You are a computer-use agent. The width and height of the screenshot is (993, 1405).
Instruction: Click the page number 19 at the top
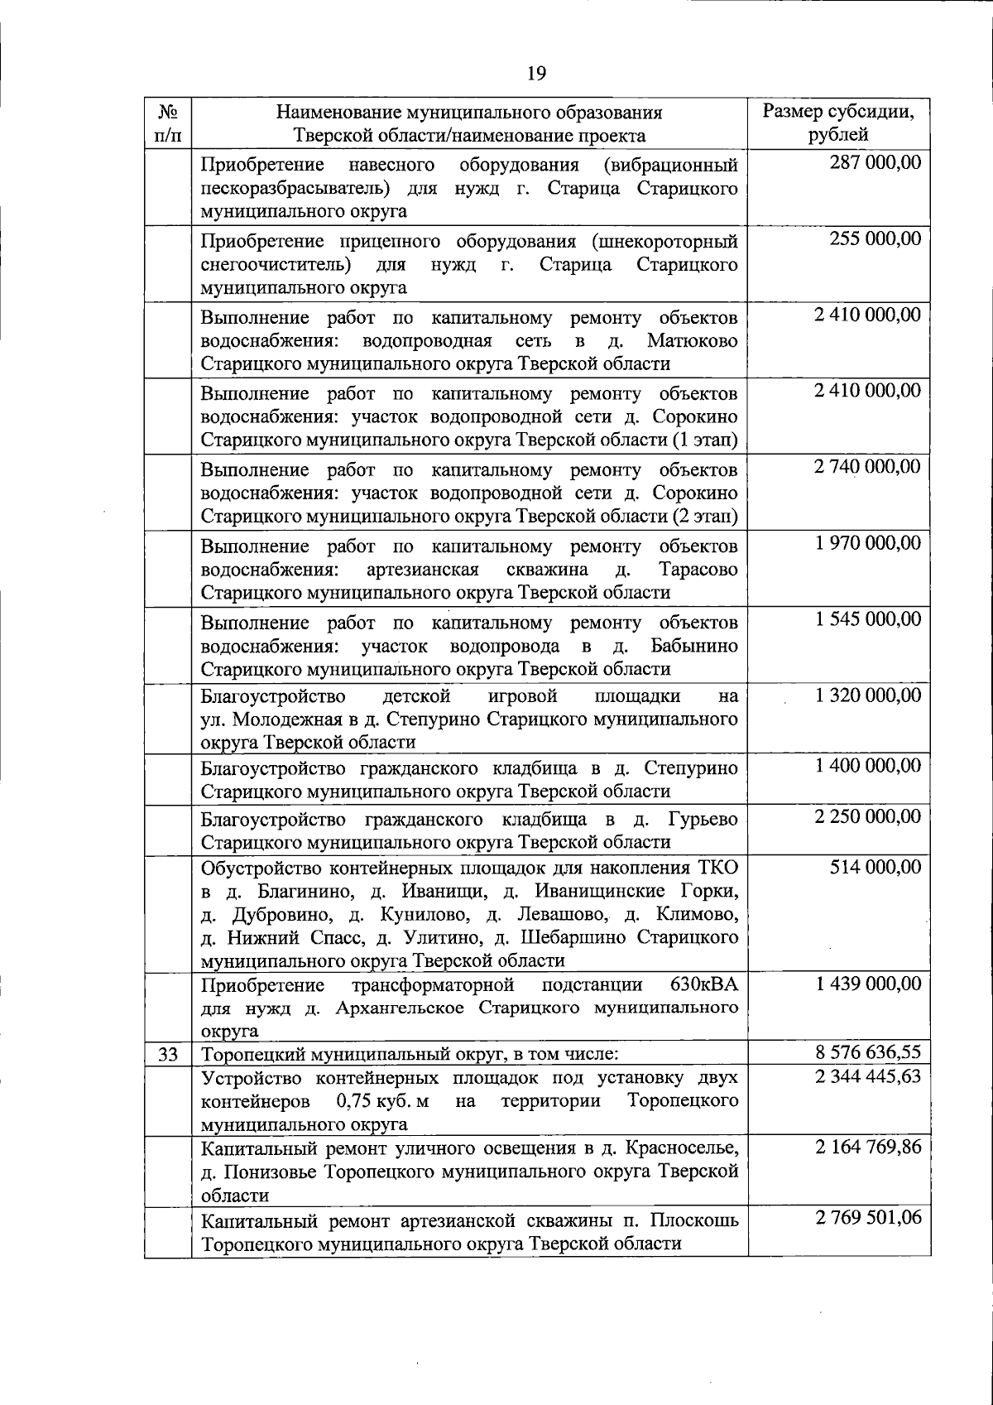point(536,74)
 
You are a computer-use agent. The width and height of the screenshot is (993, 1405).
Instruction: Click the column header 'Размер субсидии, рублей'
point(838,123)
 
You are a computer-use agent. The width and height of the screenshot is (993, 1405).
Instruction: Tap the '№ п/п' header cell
point(168,123)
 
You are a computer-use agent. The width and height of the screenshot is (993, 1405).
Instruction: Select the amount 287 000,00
point(875,162)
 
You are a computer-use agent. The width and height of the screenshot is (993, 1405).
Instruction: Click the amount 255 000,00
point(875,238)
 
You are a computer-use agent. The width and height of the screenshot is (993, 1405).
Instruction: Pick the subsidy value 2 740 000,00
point(866,467)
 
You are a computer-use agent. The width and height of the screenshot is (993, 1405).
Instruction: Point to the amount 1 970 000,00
point(866,543)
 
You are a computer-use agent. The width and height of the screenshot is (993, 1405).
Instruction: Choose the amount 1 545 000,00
point(866,619)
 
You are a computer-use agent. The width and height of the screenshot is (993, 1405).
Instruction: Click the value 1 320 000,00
point(866,695)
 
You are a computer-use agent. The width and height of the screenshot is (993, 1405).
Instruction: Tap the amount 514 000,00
point(875,867)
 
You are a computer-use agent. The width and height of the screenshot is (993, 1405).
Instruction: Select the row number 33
point(168,1054)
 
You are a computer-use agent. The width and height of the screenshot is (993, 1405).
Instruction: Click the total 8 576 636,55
point(866,1053)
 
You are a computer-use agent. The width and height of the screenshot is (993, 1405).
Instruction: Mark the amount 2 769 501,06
point(866,1218)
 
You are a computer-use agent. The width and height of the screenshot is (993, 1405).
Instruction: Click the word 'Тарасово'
point(698,570)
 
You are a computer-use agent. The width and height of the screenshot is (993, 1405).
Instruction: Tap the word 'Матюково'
point(693,341)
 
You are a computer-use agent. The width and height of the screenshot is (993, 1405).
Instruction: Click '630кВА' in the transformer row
point(703,984)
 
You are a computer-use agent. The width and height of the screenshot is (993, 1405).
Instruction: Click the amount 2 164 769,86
point(866,1148)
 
